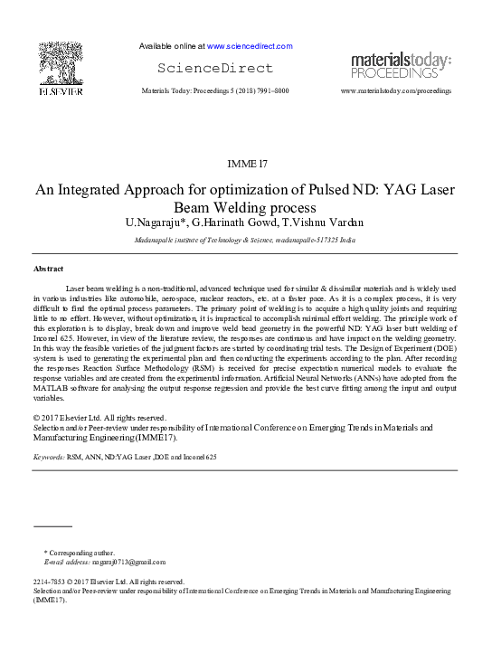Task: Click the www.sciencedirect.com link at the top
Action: tap(250, 46)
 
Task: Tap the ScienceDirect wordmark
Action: tap(214, 68)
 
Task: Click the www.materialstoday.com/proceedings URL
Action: tap(396, 91)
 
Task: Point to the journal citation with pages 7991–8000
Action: tap(215, 91)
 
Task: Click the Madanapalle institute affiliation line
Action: tap(244, 241)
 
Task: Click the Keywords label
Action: tap(48, 458)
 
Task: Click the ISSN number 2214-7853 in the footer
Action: tap(51, 582)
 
